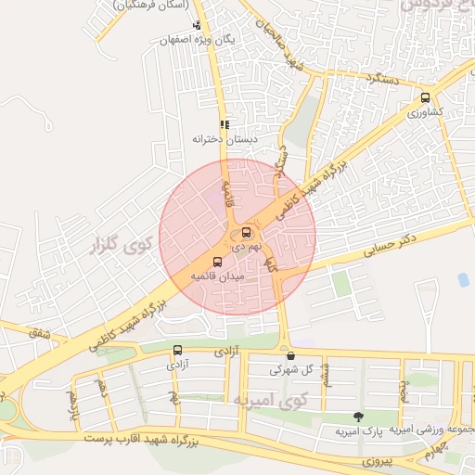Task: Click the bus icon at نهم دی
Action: tap(246, 232)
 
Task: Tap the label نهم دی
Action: tap(245, 248)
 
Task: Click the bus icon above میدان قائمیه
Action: tap(218, 262)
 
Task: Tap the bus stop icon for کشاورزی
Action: tap(425, 97)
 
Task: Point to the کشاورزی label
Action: tap(425, 112)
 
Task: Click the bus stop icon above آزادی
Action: tap(177, 350)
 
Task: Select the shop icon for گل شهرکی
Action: tap(290, 355)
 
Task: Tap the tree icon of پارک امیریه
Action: tap(358, 417)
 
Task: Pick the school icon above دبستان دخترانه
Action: tap(224, 123)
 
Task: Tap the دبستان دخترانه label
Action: tap(224, 138)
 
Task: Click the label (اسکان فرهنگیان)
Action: tap(146, 5)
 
